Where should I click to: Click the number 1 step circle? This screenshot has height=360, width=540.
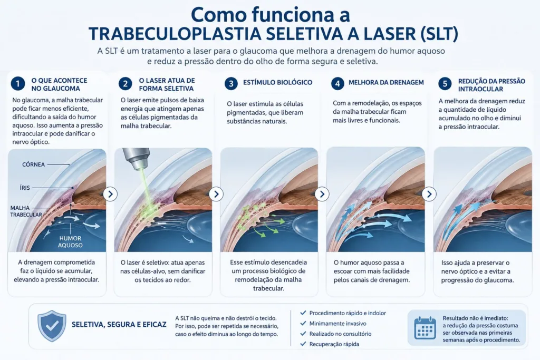[17, 84]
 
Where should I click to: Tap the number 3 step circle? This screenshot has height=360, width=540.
[231, 83]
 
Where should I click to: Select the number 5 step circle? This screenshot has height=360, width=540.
[445, 84]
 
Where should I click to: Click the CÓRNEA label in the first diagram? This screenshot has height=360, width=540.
[33, 164]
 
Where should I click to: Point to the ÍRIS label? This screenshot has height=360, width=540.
[25, 188]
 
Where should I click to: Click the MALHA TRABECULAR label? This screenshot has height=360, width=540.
[26, 211]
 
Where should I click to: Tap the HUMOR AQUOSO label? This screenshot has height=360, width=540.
[70, 241]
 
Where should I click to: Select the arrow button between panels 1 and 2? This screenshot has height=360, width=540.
[110, 194]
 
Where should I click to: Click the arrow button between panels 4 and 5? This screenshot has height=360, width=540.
[429, 194]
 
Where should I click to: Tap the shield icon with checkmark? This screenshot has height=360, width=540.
[52, 326]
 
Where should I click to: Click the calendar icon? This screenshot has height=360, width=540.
[425, 327]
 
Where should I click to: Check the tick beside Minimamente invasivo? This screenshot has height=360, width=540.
[303, 323]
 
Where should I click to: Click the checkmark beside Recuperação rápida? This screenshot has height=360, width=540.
[303, 344]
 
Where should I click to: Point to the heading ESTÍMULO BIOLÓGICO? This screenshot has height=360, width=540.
[277, 83]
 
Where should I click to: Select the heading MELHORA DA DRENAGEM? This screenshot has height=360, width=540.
[386, 83]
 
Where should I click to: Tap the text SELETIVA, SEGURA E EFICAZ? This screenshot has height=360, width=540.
[119, 325]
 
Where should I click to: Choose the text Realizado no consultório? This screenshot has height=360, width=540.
[340, 334]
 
